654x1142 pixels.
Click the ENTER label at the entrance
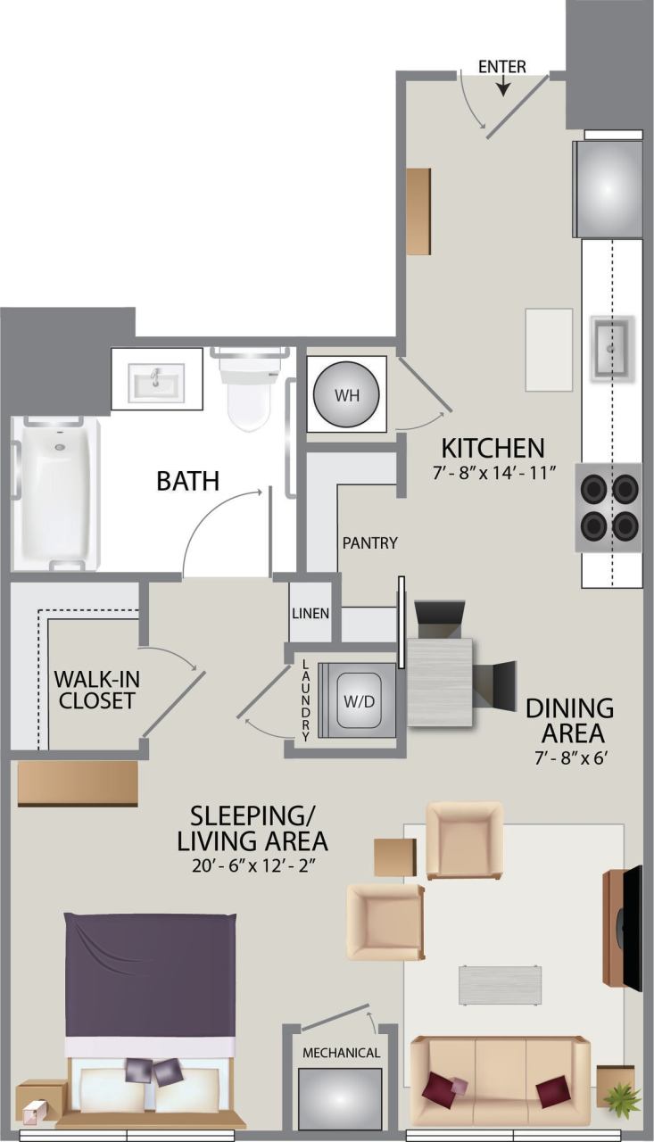tap(502, 67)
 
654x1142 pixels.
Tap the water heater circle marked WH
tap(346, 395)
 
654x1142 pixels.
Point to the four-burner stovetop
tap(608, 507)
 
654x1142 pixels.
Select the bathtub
tap(54, 492)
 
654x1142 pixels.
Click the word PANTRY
tap(370, 542)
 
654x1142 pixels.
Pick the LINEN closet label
tap(310, 614)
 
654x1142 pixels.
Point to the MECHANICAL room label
tap(341, 1053)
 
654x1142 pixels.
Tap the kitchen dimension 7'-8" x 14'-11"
tap(493, 473)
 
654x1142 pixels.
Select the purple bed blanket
tap(150, 972)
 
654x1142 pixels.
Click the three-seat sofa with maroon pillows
tap(500, 1080)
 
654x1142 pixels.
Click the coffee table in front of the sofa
tap(500, 985)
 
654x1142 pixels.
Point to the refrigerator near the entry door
tap(608, 187)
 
